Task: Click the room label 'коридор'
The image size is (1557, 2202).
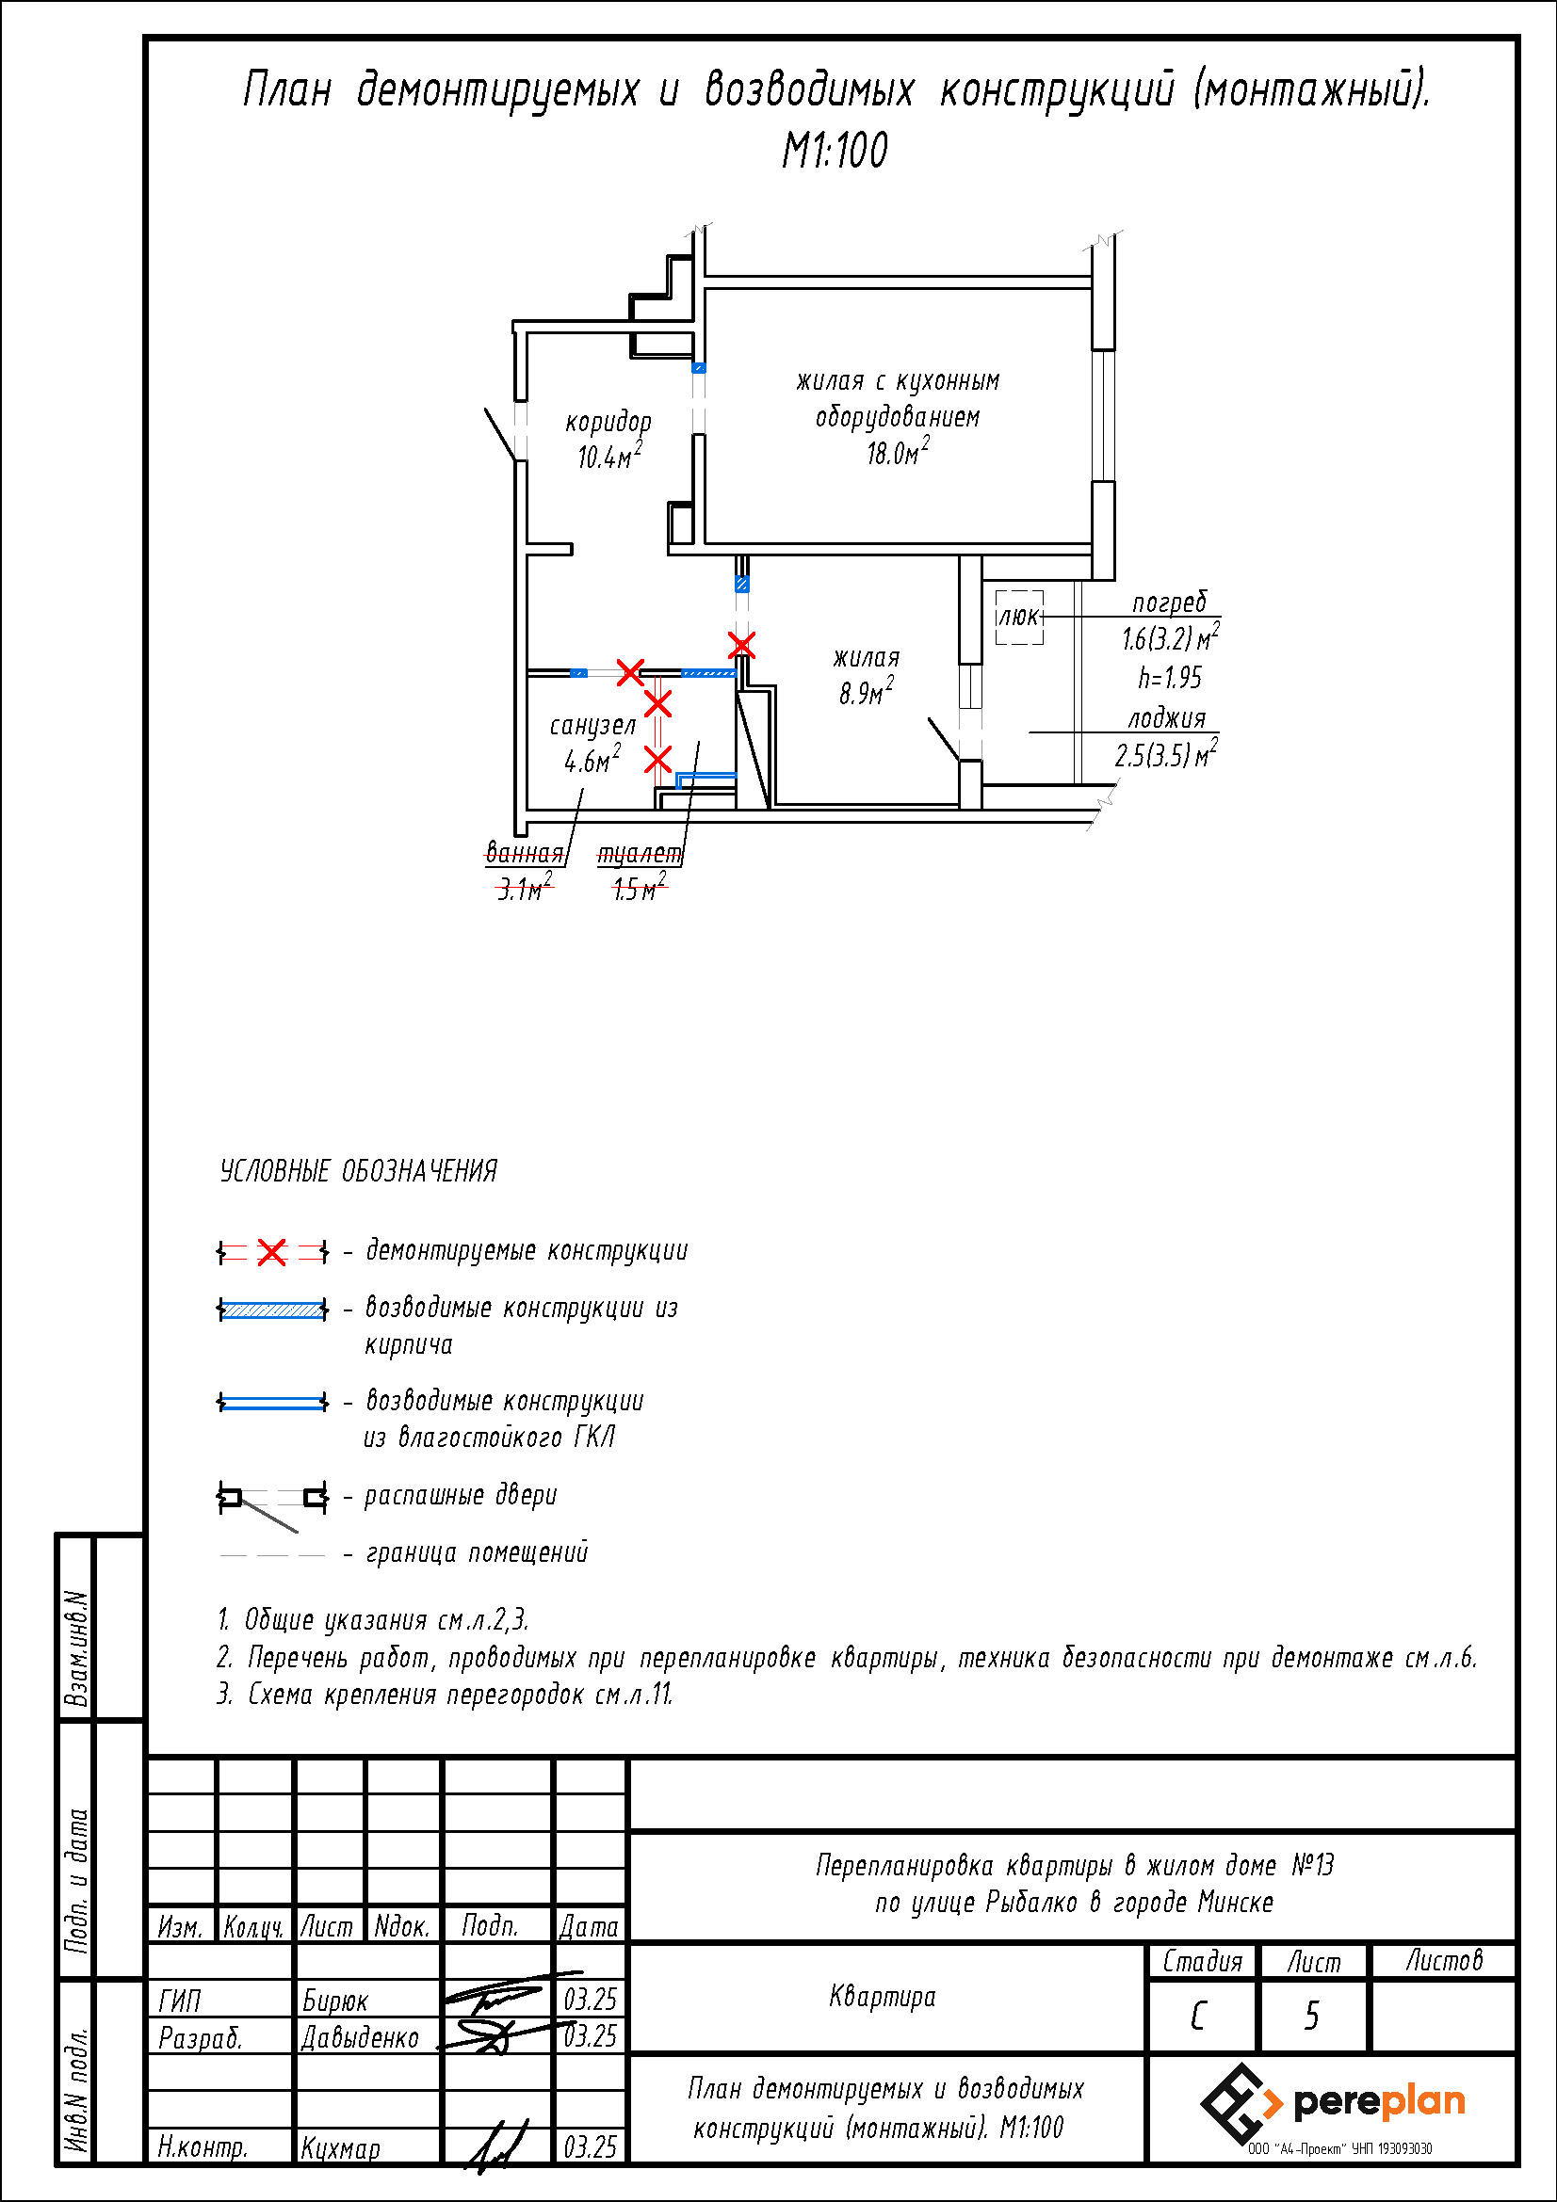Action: [x=608, y=422]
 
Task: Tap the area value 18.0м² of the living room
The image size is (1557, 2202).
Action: [x=898, y=453]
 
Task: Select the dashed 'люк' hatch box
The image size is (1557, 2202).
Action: [x=1019, y=617]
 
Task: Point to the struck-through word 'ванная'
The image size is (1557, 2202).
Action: [x=524, y=853]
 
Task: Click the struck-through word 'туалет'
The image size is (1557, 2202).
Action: [x=640, y=854]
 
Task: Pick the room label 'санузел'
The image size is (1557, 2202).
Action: [x=592, y=726]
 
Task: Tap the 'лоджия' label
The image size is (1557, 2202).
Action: [x=1165, y=718]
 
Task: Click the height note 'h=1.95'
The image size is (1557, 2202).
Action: [x=1170, y=678]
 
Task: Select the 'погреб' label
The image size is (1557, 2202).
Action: [x=1170, y=603]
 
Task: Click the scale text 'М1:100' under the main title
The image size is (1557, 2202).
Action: [x=835, y=151]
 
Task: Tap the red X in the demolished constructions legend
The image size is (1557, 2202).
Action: [x=272, y=1251]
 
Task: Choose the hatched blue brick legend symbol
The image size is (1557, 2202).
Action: [x=272, y=1310]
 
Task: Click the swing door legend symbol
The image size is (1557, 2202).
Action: [x=272, y=1499]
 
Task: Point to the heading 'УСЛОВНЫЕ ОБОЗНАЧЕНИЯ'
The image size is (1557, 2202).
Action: [x=359, y=1171]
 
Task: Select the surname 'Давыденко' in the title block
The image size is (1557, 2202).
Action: [x=361, y=2037]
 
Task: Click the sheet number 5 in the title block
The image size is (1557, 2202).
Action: [x=1311, y=2016]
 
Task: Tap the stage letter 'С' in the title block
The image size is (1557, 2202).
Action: [x=1198, y=2016]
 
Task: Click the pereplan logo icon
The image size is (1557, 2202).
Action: [x=1241, y=2103]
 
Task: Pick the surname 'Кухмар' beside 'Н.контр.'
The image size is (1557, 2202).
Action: [x=341, y=2147]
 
